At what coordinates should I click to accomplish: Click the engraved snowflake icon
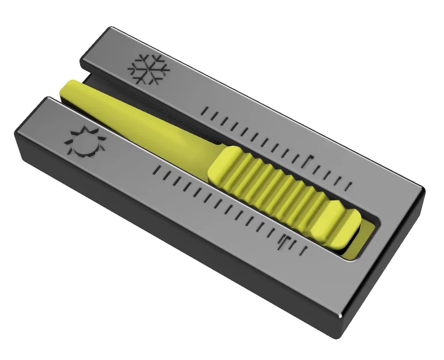point(149,69)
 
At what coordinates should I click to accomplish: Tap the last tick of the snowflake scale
point(350,185)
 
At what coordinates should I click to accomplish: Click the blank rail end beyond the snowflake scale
point(392,196)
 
